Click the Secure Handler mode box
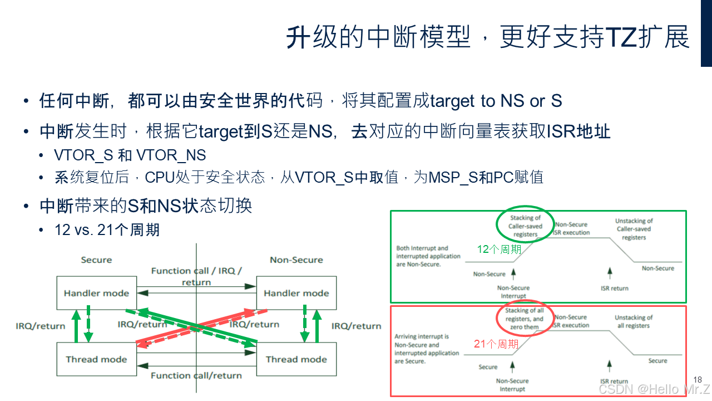(x=96, y=293)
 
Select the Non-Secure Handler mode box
(x=296, y=293)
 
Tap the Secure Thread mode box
(x=96, y=359)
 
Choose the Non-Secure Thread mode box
(x=296, y=359)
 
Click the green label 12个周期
(x=499, y=249)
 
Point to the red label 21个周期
(x=496, y=344)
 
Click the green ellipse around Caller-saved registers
(x=525, y=226)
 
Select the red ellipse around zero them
(x=525, y=319)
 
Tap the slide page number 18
(x=698, y=380)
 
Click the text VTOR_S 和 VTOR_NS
(x=130, y=155)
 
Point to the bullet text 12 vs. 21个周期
(x=107, y=229)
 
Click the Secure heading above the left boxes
(x=96, y=260)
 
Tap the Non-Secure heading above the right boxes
(x=296, y=260)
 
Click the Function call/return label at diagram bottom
(x=196, y=375)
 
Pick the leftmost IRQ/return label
(x=41, y=326)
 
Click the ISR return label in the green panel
(x=614, y=288)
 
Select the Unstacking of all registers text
(x=634, y=321)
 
